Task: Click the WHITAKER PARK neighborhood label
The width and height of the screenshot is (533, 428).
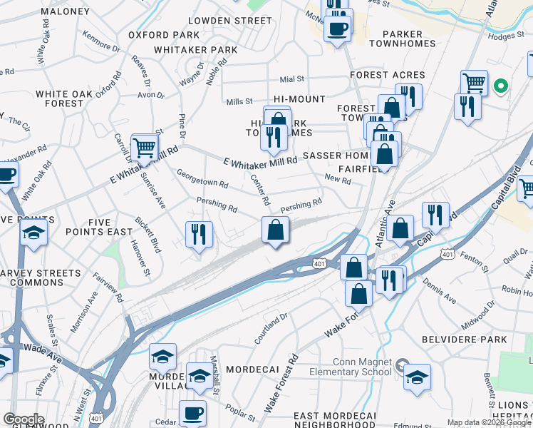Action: click(195, 50)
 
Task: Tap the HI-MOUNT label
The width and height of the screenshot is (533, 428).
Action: click(299, 99)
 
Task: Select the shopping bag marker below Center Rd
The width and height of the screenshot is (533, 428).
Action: click(276, 230)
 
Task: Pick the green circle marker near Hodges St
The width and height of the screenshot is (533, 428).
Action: click(501, 87)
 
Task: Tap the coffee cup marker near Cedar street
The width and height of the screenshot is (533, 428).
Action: click(192, 412)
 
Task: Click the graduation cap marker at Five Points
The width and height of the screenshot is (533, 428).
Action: click(33, 233)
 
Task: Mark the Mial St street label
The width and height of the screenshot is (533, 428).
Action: click(292, 79)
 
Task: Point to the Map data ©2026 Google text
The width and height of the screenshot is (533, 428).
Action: click(490, 422)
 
